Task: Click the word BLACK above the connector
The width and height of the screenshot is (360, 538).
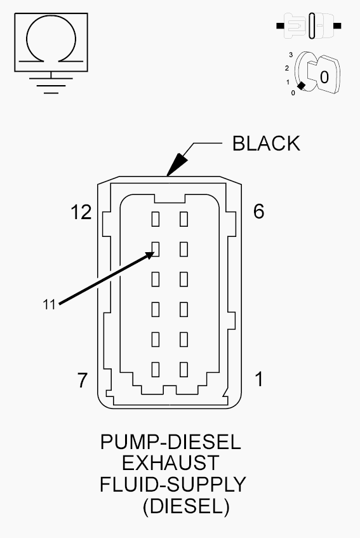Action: tap(266, 144)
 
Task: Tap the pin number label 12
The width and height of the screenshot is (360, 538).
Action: tap(81, 212)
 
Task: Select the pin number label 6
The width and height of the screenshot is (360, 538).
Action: tap(259, 211)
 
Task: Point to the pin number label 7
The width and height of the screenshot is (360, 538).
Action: tap(83, 380)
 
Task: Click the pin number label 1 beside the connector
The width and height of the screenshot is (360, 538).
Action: tap(259, 379)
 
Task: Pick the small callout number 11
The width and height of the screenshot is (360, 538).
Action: tap(49, 304)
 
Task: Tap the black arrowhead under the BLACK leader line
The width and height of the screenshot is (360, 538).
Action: tap(177, 165)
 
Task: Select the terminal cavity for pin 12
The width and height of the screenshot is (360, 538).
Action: tap(156, 219)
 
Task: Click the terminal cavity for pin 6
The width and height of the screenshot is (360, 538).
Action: tap(183, 219)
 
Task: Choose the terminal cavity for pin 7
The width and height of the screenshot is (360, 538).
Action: tap(156, 370)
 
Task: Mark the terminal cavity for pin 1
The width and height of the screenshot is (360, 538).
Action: tap(183, 370)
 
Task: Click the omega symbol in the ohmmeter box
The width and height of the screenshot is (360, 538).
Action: tap(51, 37)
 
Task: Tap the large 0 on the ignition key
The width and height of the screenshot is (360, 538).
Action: tap(324, 77)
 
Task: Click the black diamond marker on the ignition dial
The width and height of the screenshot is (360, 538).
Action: tap(301, 86)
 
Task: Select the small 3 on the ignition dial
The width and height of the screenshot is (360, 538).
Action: tap(291, 55)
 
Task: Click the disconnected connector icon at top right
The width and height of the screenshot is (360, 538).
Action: tap(309, 25)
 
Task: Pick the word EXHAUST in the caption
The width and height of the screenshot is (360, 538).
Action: tap(170, 463)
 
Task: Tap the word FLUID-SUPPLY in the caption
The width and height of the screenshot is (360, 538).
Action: tap(173, 485)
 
